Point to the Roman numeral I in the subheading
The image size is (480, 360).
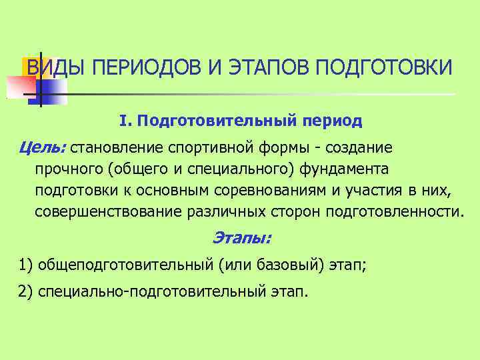(x=123, y=121)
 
